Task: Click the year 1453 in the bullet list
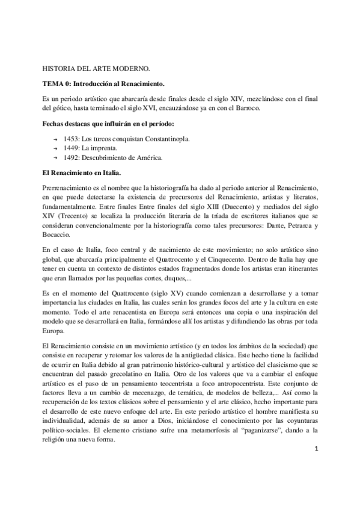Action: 72,139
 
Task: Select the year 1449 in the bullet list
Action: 72,149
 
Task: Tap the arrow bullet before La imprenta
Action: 55,149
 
